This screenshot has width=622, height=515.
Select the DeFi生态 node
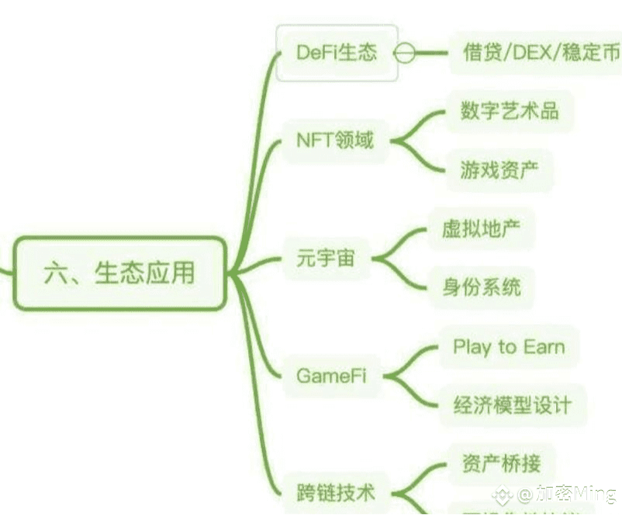pos(337,52)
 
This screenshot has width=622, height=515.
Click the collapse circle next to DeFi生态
pos(404,53)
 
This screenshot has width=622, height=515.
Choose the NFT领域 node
pos(335,140)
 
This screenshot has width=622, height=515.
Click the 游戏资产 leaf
pos(499,170)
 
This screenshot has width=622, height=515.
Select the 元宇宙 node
pos(326,258)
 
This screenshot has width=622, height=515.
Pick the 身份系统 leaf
pos(481,287)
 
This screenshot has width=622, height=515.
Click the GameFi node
pos(331,376)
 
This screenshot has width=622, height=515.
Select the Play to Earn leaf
pos(508,346)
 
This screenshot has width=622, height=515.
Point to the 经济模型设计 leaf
pos(512,405)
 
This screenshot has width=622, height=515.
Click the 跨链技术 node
pos(336,492)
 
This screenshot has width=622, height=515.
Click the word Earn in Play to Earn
pos(543,346)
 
